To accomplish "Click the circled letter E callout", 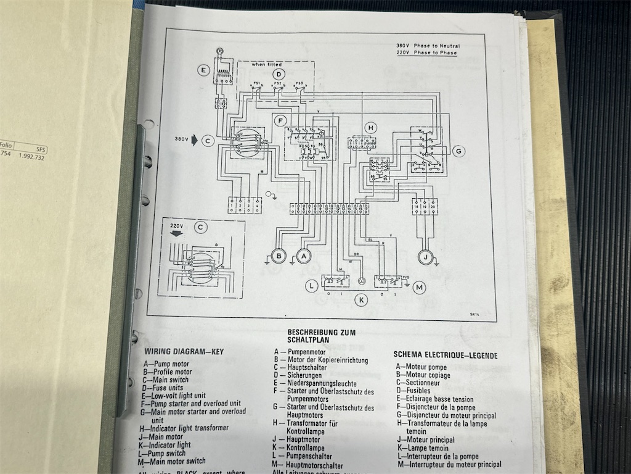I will (x=203, y=70).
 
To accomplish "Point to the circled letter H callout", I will (x=370, y=128).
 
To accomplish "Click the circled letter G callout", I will (x=458, y=151).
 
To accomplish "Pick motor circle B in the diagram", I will (x=279, y=255).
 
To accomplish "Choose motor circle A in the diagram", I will (x=303, y=255).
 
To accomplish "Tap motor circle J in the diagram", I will (x=425, y=256).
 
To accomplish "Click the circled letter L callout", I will (x=313, y=285).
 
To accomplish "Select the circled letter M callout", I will (x=420, y=287).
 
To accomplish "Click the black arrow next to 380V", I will (x=195, y=140).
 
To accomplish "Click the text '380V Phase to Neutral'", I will (x=428, y=46).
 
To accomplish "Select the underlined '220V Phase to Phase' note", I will (x=427, y=53).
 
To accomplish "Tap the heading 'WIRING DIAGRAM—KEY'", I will (x=184, y=352).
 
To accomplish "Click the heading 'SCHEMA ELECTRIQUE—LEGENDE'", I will (x=445, y=355).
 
